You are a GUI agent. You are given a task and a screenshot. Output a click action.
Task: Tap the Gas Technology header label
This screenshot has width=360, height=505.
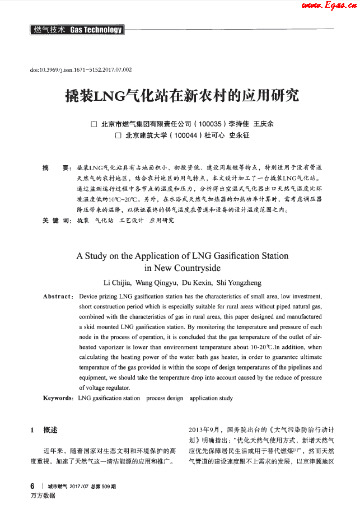[96, 30]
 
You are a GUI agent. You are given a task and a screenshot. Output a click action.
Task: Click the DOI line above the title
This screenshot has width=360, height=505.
[81, 70]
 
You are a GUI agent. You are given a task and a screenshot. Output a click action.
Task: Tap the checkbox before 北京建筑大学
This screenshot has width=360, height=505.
[118, 135]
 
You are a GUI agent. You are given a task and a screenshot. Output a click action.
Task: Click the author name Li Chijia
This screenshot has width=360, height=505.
[118, 283]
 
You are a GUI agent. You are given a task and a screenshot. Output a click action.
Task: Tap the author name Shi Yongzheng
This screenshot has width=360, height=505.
[239, 283]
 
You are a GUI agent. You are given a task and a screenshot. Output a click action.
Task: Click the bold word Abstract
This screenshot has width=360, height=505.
[58, 296]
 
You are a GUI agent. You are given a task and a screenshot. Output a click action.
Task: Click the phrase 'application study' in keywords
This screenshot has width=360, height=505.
[211, 398]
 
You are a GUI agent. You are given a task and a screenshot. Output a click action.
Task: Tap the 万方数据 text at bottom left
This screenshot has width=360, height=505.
[43, 496]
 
